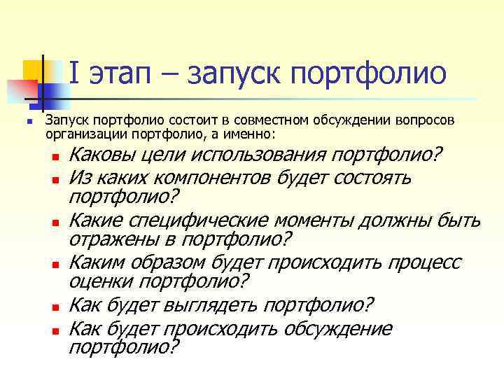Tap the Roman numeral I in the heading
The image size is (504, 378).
(75, 73)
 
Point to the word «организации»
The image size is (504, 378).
(78, 133)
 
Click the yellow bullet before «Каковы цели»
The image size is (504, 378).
(55, 156)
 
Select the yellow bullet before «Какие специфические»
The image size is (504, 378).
(55, 223)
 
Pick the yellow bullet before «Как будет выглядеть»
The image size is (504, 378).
(55, 307)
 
